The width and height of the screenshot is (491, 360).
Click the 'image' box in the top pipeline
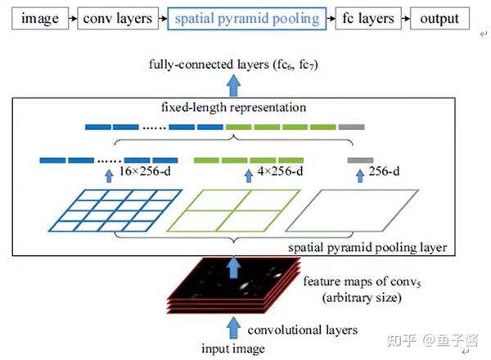33,18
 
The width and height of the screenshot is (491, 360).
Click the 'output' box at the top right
434,18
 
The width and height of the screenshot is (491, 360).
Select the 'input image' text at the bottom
235,349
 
